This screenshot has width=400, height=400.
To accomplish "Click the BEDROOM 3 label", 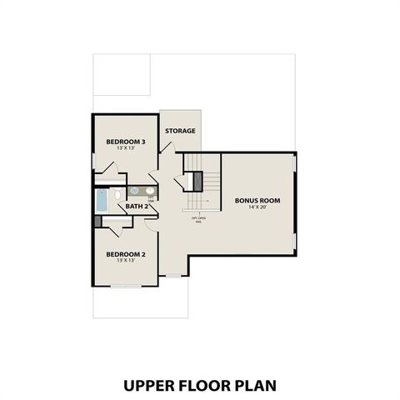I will pos(126,142).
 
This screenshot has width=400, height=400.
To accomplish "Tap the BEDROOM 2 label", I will pos(126,253).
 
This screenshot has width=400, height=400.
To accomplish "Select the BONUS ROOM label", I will pos(257,200).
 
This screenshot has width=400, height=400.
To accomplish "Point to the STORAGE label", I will pos(180,131).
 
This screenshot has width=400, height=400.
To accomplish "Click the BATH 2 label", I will pos(137,207).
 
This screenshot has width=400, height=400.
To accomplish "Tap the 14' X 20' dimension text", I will pos(257,207).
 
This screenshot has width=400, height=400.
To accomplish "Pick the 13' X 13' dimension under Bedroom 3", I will pos(126,148).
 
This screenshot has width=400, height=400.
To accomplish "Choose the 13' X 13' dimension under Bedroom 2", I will pos(126,260).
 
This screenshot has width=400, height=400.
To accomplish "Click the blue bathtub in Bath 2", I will pos(102,199).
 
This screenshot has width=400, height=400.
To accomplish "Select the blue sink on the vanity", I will pos(134,191).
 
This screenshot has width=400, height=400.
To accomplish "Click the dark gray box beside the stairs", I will pos(197,179).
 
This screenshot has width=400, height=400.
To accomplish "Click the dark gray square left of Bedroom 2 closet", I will pos(97,222).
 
